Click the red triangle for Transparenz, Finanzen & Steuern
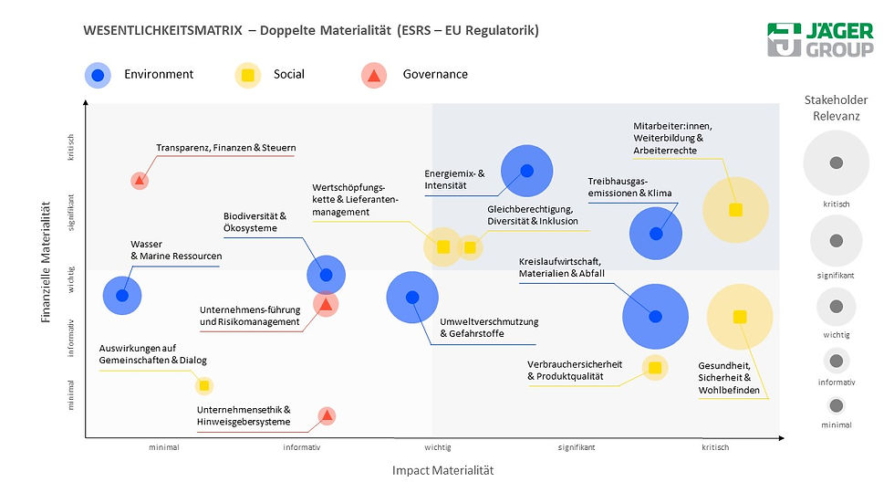139,181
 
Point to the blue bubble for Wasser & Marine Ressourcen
122,295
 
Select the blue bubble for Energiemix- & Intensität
526,170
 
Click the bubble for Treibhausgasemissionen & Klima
655,233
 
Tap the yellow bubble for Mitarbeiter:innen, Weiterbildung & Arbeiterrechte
735,210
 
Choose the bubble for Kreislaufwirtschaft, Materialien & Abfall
655,317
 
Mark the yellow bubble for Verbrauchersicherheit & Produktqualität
653,367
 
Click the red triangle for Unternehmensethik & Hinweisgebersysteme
327,416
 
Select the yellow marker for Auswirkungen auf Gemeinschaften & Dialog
204,386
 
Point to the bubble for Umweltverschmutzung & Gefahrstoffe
412,297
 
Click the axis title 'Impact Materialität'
442,470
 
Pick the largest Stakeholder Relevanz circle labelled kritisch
835,162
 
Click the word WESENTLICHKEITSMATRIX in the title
162,30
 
